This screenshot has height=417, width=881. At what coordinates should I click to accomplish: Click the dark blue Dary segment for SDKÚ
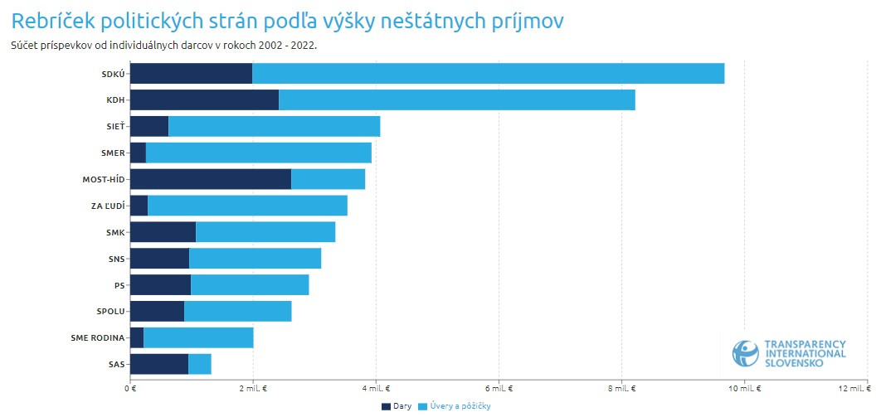tap(191, 73)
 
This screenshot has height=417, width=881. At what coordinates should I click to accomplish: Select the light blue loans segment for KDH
tap(456, 99)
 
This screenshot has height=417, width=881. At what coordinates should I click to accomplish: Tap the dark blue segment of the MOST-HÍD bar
tap(211, 179)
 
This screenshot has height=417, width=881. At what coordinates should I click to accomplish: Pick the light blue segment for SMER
tap(258, 153)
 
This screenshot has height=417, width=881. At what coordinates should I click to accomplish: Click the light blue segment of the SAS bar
tap(200, 364)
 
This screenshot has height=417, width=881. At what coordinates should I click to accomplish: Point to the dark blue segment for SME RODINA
tap(137, 337)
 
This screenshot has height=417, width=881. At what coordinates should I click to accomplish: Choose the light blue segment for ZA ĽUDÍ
tap(247, 206)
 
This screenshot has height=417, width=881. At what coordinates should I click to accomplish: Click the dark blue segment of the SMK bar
tap(163, 232)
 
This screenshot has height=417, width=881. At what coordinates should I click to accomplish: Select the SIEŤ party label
tap(116, 127)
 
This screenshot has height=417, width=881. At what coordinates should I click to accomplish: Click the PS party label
tap(119, 285)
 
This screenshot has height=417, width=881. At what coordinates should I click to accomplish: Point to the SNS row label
tap(117, 259)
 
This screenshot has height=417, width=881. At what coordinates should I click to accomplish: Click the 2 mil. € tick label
tap(253, 388)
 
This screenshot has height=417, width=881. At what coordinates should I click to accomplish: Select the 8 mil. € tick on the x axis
tap(621, 388)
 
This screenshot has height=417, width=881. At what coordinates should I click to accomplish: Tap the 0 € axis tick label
tap(130, 388)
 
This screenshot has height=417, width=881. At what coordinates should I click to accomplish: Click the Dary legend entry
tap(397, 406)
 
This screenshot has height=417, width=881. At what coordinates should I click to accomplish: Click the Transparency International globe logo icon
tap(745, 352)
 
